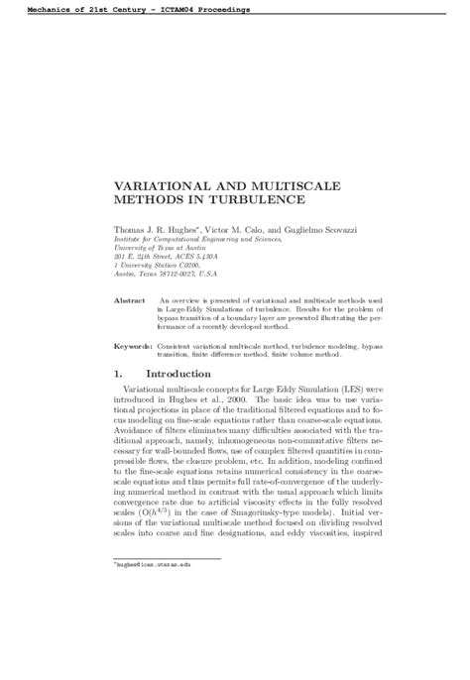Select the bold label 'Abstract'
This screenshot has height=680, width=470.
coord(130,298)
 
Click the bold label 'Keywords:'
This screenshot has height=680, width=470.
coord(133,346)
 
